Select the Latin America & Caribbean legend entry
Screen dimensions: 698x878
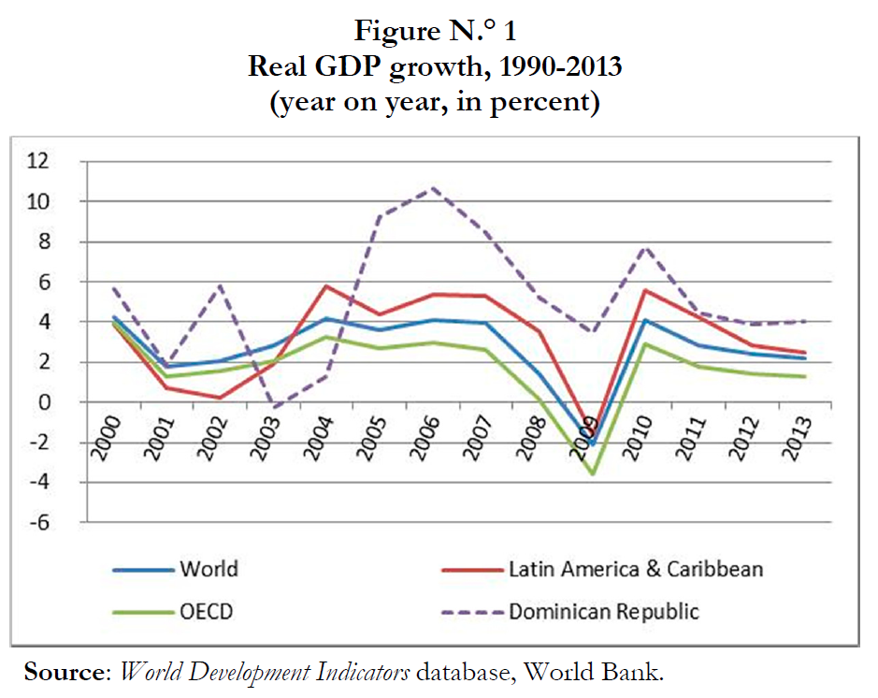[x=636, y=569]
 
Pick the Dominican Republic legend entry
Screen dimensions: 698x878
[x=603, y=613]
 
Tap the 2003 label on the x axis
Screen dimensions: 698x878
[x=270, y=434]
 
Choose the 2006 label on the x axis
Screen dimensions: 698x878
[x=431, y=434]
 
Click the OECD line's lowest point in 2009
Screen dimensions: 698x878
[x=592, y=473]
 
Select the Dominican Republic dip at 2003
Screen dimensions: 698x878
[x=270, y=407]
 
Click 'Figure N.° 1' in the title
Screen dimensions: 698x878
[x=435, y=31]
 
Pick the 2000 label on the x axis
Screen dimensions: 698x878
[x=109, y=434]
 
